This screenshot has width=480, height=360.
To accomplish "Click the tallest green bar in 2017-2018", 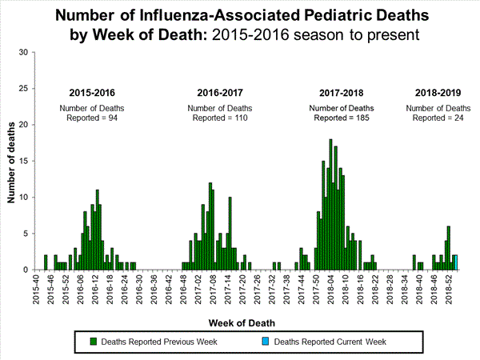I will point(330,205).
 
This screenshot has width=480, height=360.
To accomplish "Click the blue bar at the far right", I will point(455,262).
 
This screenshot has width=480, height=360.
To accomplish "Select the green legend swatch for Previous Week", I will point(93,342).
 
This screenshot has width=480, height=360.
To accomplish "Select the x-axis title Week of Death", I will point(240,323).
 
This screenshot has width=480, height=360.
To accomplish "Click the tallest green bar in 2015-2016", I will point(98,230).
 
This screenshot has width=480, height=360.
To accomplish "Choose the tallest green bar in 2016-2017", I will point(210,226).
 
